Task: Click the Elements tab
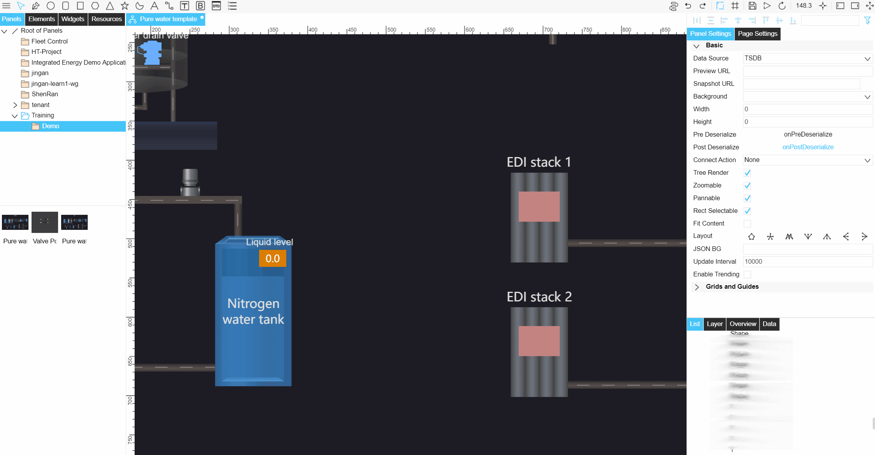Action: coord(42,19)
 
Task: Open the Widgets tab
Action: coord(73,19)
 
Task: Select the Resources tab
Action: coord(107,19)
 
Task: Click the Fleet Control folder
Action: coord(49,41)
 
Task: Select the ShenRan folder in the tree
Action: coord(45,94)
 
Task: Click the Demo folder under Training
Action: coord(50,126)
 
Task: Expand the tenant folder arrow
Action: coord(15,105)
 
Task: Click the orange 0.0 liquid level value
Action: coord(272,258)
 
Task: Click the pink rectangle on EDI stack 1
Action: coord(539,206)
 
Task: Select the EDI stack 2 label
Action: coord(539,297)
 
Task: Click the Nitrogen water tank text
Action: coord(253,311)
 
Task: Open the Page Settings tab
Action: coord(757,33)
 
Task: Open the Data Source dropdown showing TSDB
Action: coord(807,58)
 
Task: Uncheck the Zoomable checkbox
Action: coord(747,186)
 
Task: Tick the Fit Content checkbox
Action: coord(747,224)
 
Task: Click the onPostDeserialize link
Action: coord(808,147)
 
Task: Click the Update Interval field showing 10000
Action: coord(807,261)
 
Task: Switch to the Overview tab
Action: coord(743,324)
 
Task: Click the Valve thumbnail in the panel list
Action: coord(45,222)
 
